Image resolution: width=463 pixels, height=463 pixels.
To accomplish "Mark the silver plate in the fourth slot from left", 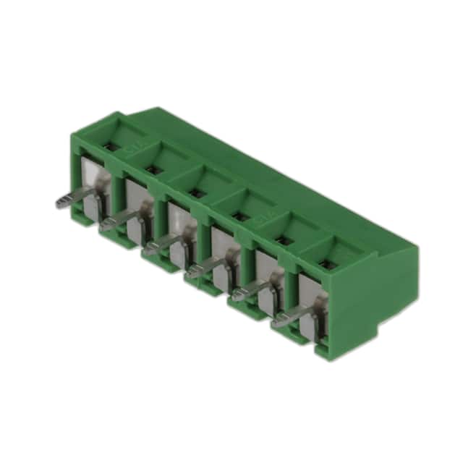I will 221,246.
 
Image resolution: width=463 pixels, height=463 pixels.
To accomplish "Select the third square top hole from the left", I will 196,193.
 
